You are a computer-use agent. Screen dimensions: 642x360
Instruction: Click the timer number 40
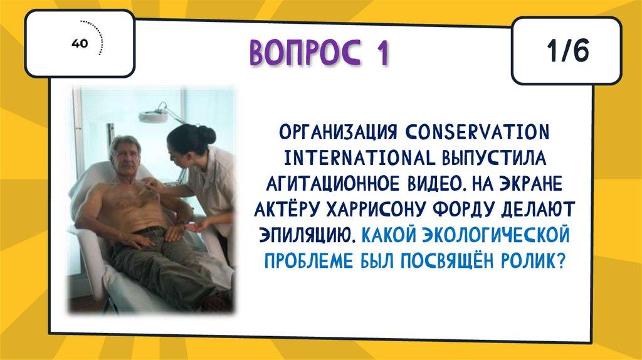point(80,43)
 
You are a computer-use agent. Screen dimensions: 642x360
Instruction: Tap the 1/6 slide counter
point(567,51)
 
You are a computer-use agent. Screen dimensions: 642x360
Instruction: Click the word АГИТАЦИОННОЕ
point(332,184)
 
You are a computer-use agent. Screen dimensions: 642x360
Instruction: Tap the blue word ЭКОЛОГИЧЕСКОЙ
point(496,235)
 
